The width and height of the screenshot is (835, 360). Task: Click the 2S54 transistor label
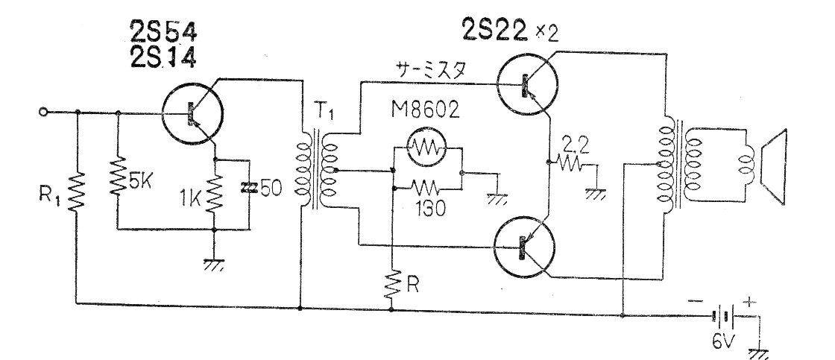(x=163, y=34)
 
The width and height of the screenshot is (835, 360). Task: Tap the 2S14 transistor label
(x=163, y=57)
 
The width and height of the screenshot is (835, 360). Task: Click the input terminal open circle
(x=44, y=112)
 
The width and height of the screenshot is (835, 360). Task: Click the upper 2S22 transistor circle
(x=527, y=83)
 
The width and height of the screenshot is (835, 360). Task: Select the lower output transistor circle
(x=525, y=247)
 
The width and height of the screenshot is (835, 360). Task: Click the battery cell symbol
(x=724, y=316)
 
